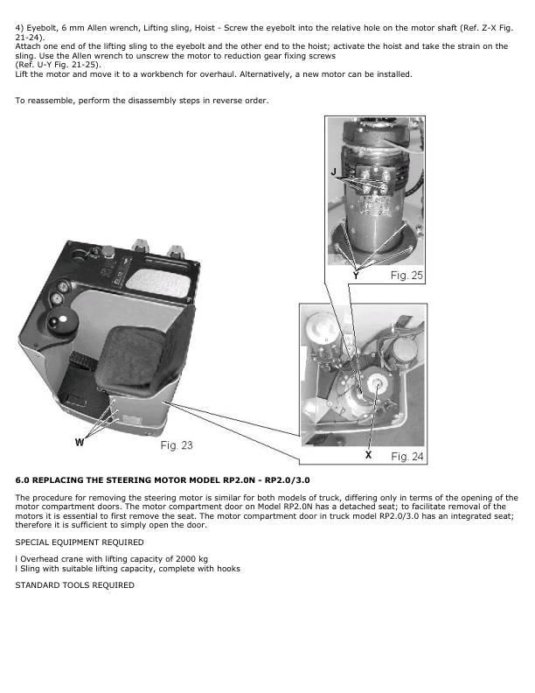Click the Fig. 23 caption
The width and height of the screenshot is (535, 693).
tap(177, 445)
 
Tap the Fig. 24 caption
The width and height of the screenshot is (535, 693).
tap(406, 457)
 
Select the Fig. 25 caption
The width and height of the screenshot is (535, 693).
tap(405, 276)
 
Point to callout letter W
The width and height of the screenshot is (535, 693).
tap(80, 442)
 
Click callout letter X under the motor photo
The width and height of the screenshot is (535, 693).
tap(368, 456)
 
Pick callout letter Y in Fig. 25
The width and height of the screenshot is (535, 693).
tap(356, 274)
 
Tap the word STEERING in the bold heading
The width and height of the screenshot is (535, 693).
tap(116, 480)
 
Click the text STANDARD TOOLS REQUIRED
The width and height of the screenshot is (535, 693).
tap(75, 584)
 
